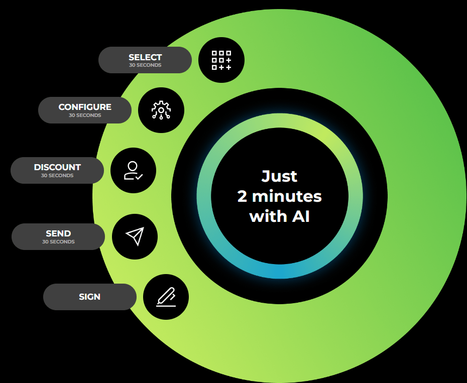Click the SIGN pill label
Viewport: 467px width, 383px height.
(90, 297)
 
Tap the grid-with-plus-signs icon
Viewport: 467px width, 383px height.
(221, 60)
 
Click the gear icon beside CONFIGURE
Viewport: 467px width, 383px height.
(161, 110)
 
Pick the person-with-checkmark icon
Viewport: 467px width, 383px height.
(133, 171)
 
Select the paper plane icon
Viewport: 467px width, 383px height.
(135, 236)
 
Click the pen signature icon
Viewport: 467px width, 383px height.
(166, 297)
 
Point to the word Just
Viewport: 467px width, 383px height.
(279, 176)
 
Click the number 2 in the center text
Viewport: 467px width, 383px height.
(243, 196)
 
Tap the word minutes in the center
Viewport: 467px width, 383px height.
(287, 196)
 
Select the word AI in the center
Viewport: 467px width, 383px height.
(300, 216)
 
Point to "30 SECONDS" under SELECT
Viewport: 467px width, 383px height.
(145, 65)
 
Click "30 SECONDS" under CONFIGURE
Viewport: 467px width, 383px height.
(85, 115)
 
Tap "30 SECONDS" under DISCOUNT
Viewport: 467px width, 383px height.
(57, 176)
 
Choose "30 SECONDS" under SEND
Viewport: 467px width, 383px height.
(58, 242)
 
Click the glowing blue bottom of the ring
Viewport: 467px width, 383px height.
(279, 271)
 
